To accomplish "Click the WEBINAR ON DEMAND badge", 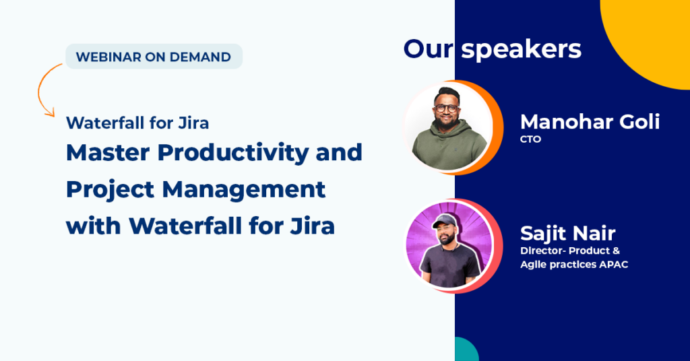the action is click(154, 57).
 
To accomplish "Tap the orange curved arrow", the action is click(39, 90).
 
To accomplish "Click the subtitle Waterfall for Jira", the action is click(137, 123).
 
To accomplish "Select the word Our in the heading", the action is click(428, 48).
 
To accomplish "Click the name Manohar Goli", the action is click(590, 121).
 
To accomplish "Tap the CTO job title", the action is click(530, 139).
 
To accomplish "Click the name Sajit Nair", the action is click(567, 233).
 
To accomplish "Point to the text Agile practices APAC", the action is click(574, 264).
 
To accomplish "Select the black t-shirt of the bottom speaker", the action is click(449, 265).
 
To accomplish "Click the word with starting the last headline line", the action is click(93, 226).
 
